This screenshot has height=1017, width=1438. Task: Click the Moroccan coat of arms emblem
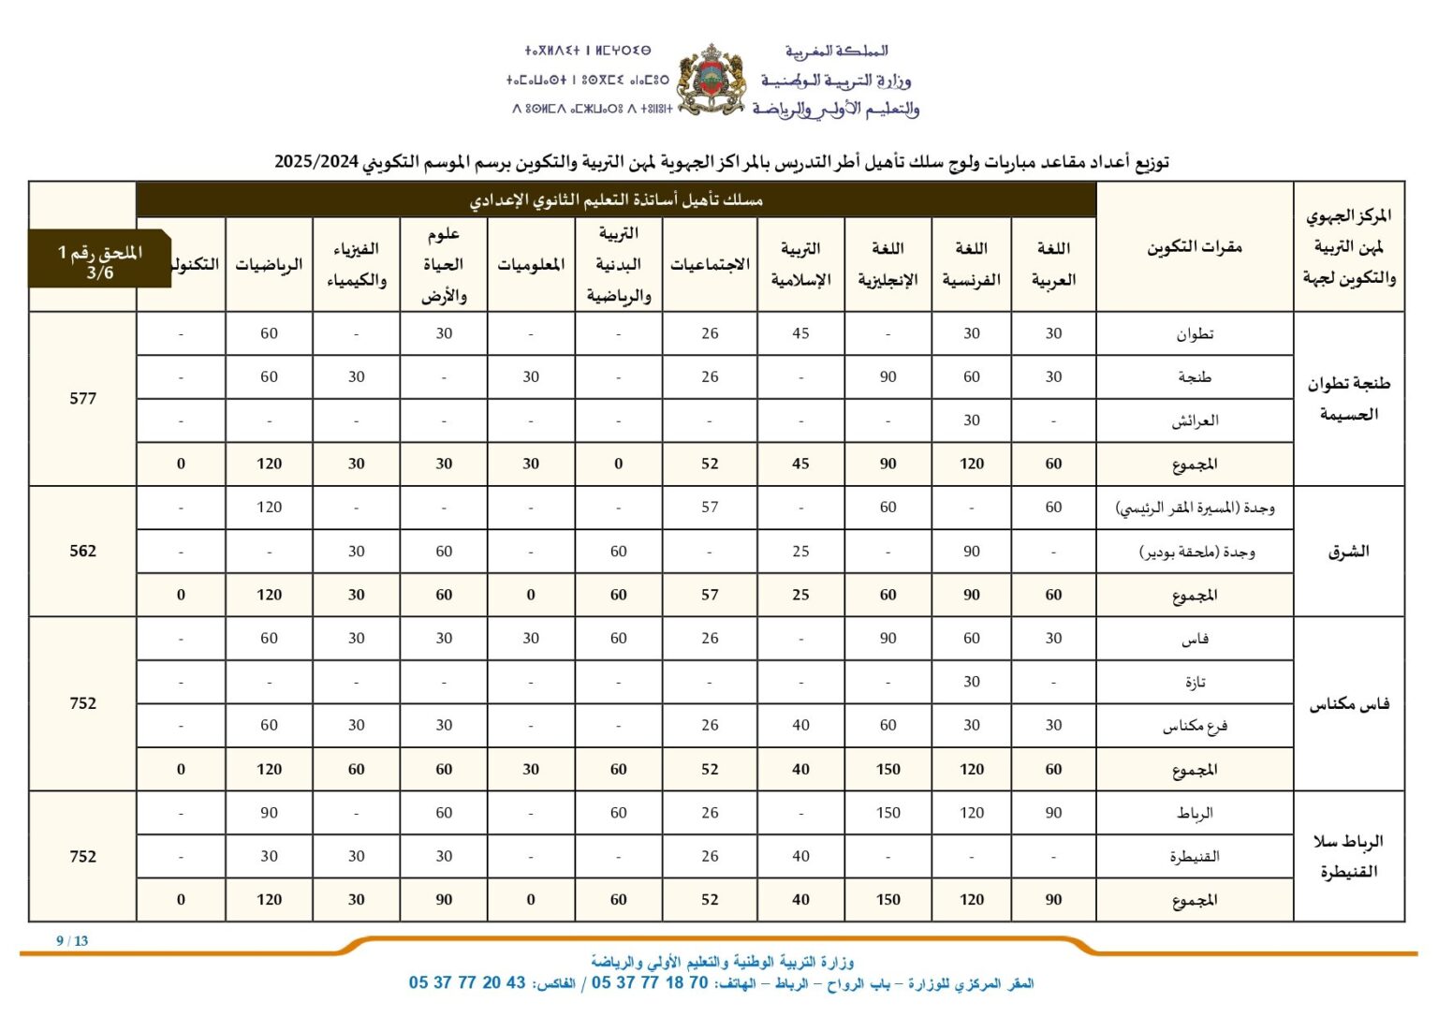pyautogui.click(x=711, y=80)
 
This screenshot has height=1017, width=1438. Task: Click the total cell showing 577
pyautogui.click(x=82, y=398)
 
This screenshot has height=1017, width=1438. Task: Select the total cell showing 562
pyautogui.click(x=82, y=551)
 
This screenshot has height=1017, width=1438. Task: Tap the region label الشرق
pyautogui.click(x=1348, y=551)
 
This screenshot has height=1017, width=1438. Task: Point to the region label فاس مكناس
pyautogui.click(x=1348, y=704)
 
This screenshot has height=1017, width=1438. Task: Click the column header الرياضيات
pyautogui.click(x=269, y=265)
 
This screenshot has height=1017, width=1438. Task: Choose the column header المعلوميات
pyautogui.click(x=531, y=265)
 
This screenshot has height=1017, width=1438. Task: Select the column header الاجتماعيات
pyautogui.click(x=710, y=265)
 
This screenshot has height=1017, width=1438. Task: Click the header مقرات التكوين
pyautogui.click(x=1195, y=247)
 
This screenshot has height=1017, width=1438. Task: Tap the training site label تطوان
pyautogui.click(x=1195, y=334)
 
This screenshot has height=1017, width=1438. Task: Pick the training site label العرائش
pyautogui.click(x=1195, y=420)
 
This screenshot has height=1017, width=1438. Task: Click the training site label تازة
pyautogui.click(x=1195, y=682)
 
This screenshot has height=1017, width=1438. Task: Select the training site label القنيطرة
pyautogui.click(x=1195, y=856)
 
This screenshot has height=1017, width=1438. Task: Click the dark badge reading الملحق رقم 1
pyautogui.click(x=100, y=261)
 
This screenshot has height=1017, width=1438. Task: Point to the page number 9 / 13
pyautogui.click(x=72, y=941)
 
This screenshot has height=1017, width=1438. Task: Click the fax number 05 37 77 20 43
pyautogui.click(x=467, y=982)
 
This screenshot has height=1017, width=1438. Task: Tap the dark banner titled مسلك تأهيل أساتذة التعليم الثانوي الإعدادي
pyautogui.click(x=616, y=199)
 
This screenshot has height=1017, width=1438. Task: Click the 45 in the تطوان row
pyautogui.click(x=800, y=333)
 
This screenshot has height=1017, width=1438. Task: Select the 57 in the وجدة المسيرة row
pyautogui.click(x=710, y=507)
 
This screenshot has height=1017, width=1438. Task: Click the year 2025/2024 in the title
pyautogui.click(x=316, y=161)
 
